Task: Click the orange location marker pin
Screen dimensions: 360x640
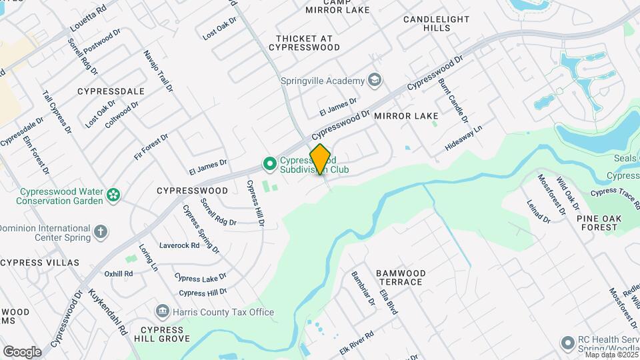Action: [321, 159]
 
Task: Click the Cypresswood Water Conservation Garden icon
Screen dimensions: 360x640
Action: [114, 195]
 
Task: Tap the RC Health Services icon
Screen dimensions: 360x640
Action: [567, 343]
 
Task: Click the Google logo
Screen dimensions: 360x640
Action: [22, 351]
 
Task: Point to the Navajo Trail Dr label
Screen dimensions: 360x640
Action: [158, 71]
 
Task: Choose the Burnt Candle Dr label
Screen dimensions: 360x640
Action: [453, 101]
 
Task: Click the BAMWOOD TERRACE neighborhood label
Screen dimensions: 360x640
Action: [399, 277]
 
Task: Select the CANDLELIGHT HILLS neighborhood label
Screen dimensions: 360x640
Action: [436, 24]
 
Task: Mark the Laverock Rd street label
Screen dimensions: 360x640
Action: [179, 245]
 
